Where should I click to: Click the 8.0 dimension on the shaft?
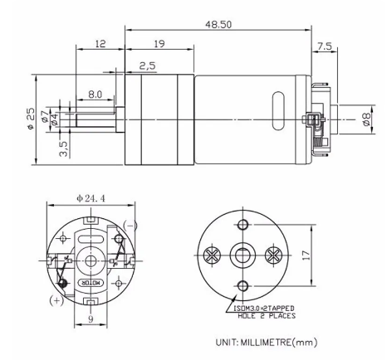point(96,95)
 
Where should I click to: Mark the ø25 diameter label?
point(30,121)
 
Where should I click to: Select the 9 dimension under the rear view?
point(90,318)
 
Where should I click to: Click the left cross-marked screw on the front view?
point(212,255)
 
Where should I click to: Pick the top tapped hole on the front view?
point(242,225)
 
